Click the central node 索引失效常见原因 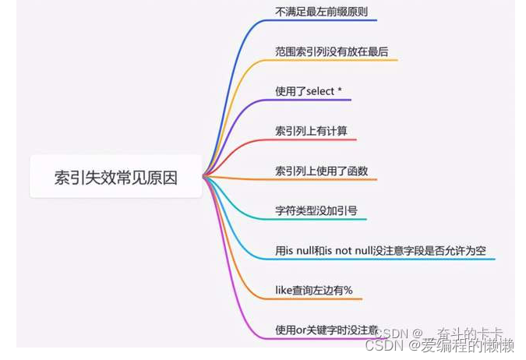(x=115, y=178)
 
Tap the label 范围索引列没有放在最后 (x=331, y=52)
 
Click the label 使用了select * (x=309, y=92)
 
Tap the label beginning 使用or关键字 (x=319, y=330)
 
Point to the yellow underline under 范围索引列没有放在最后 (x=335, y=60)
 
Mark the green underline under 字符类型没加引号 (x=319, y=220)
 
